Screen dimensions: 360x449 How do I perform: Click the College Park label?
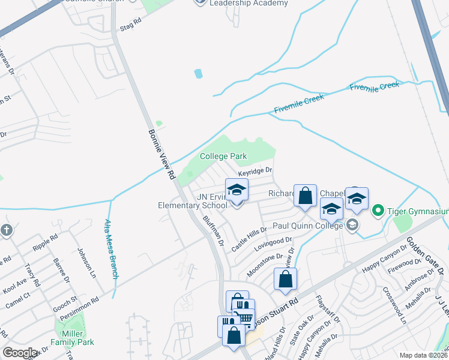[x=223, y=156]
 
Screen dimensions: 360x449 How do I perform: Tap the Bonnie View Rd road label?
[x=161, y=154]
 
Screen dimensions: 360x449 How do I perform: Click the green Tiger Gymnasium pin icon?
[x=378, y=211]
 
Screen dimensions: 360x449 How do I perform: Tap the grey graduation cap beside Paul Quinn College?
[x=352, y=226]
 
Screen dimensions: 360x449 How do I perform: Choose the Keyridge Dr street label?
[x=255, y=172]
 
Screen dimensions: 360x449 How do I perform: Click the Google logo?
[x=20, y=353]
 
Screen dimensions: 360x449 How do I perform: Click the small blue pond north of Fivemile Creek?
[x=198, y=74]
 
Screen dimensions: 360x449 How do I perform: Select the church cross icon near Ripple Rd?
[x=6, y=230]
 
